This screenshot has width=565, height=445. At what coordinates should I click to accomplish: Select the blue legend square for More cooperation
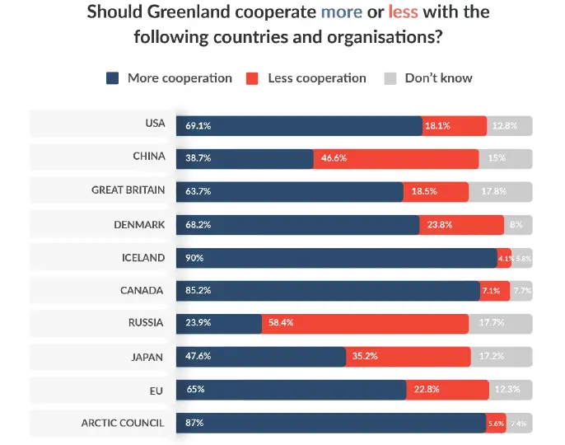114,78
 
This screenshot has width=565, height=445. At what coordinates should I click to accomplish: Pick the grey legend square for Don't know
390,78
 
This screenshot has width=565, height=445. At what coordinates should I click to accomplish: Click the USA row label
155,124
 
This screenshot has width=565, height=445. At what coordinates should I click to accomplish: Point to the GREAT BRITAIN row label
128,190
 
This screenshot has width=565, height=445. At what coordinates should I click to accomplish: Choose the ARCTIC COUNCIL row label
123,423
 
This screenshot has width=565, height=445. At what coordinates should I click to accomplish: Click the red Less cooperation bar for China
396,157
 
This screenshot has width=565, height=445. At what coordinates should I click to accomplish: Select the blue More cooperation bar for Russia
219,324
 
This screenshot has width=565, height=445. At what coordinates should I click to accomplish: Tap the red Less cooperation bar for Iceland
504,258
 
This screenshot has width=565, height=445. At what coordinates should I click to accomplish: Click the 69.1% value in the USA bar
198,126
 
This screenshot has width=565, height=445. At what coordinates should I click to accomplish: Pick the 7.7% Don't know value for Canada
522,291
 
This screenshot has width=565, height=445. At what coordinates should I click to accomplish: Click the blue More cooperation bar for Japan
260,357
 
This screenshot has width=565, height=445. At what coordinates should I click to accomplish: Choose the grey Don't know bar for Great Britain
501,191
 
